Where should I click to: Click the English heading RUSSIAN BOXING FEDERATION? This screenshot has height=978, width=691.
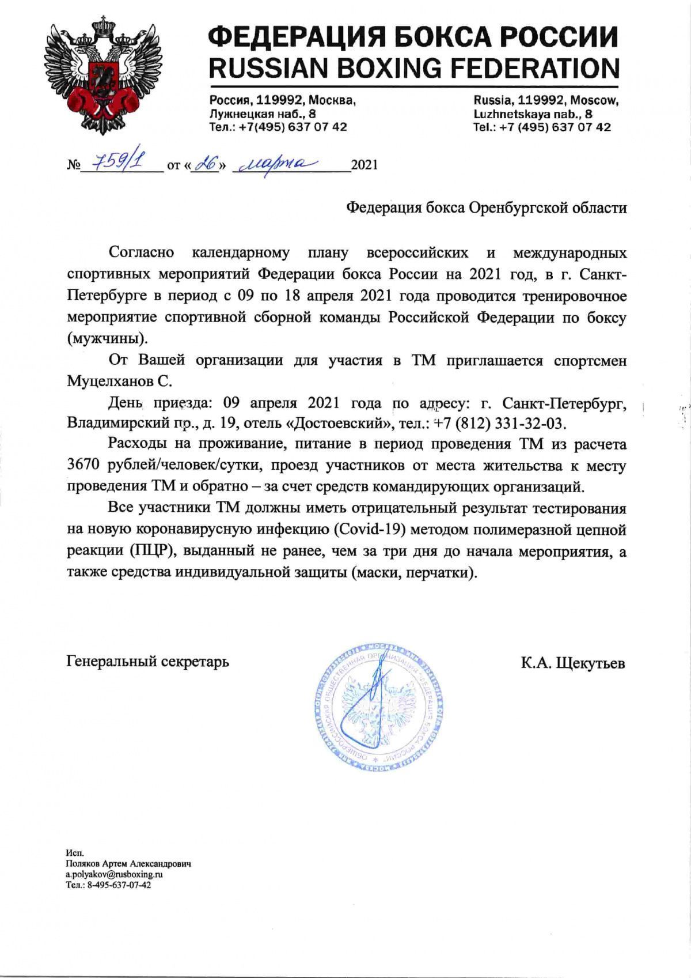413,69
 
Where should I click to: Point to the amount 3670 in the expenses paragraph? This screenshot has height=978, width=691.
85,466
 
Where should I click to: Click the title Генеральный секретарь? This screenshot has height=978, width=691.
148,661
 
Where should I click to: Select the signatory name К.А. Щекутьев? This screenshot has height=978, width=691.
573,663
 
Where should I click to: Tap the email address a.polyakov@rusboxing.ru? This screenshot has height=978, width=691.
115,874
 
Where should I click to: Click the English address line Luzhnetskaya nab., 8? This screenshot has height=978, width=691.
533,114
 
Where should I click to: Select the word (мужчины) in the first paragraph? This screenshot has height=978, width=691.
104,338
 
